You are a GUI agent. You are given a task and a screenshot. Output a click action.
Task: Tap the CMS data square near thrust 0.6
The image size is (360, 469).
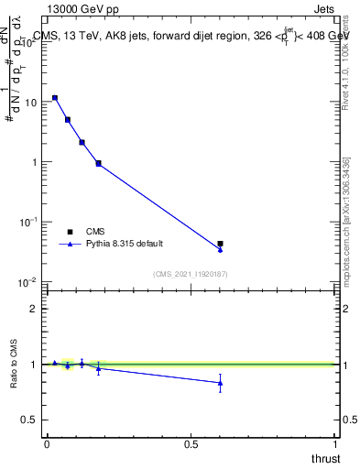point(220,244)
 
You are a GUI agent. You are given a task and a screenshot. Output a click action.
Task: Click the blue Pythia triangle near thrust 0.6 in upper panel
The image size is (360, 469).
point(220,249)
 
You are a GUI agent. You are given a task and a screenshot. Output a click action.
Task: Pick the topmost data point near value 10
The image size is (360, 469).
point(55,97)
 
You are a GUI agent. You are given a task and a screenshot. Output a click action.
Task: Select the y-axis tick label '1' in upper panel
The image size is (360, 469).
point(34,162)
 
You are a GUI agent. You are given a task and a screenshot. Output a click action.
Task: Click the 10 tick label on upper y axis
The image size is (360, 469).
point(30,103)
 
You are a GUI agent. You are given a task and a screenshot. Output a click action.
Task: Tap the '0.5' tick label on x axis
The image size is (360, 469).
point(191,444)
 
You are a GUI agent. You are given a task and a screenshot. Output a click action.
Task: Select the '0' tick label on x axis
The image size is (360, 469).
point(47,444)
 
